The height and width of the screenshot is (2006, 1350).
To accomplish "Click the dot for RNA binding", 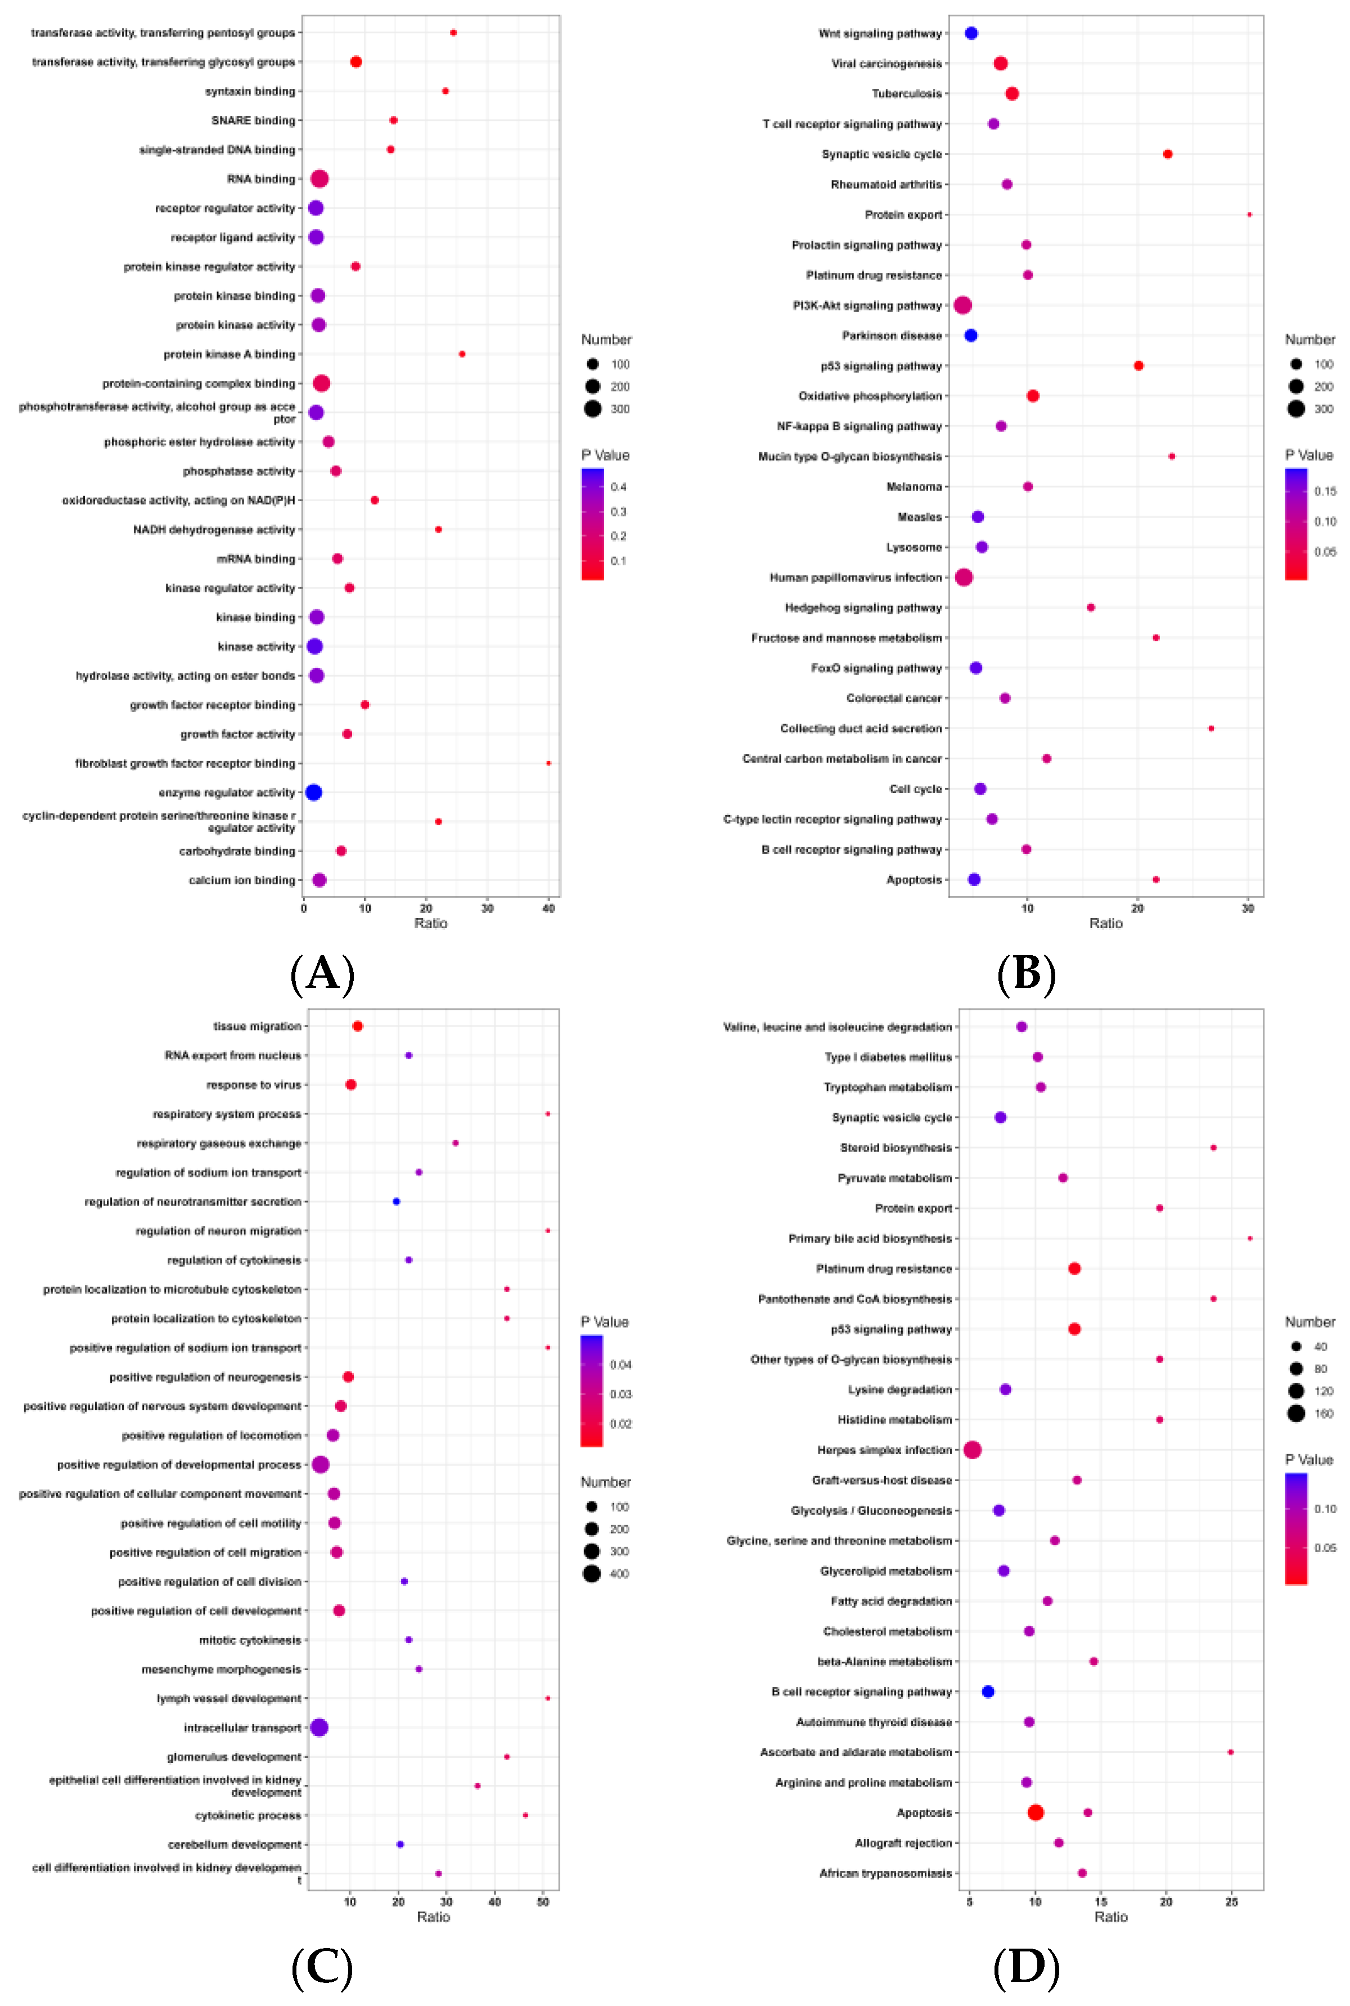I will click(x=319, y=179).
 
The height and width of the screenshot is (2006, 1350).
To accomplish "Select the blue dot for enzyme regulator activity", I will click(x=313, y=792).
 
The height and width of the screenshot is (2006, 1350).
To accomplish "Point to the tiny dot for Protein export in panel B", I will click(x=1249, y=214).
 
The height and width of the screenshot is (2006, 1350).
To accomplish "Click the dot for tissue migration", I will click(x=357, y=1026).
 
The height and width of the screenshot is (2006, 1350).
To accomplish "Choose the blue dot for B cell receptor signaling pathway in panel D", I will click(x=988, y=1692).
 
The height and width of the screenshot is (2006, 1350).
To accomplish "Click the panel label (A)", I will click(x=322, y=974).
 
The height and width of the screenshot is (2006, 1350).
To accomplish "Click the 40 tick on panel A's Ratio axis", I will click(x=548, y=908).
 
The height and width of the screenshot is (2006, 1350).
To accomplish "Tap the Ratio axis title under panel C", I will click(x=433, y=1917).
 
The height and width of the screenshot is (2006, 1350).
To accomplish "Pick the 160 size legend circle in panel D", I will click(x=1296, y=1413).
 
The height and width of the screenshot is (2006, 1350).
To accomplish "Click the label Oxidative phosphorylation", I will click(x=870, y=396).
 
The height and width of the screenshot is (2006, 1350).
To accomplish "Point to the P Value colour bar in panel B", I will click(x=1296, y=524).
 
